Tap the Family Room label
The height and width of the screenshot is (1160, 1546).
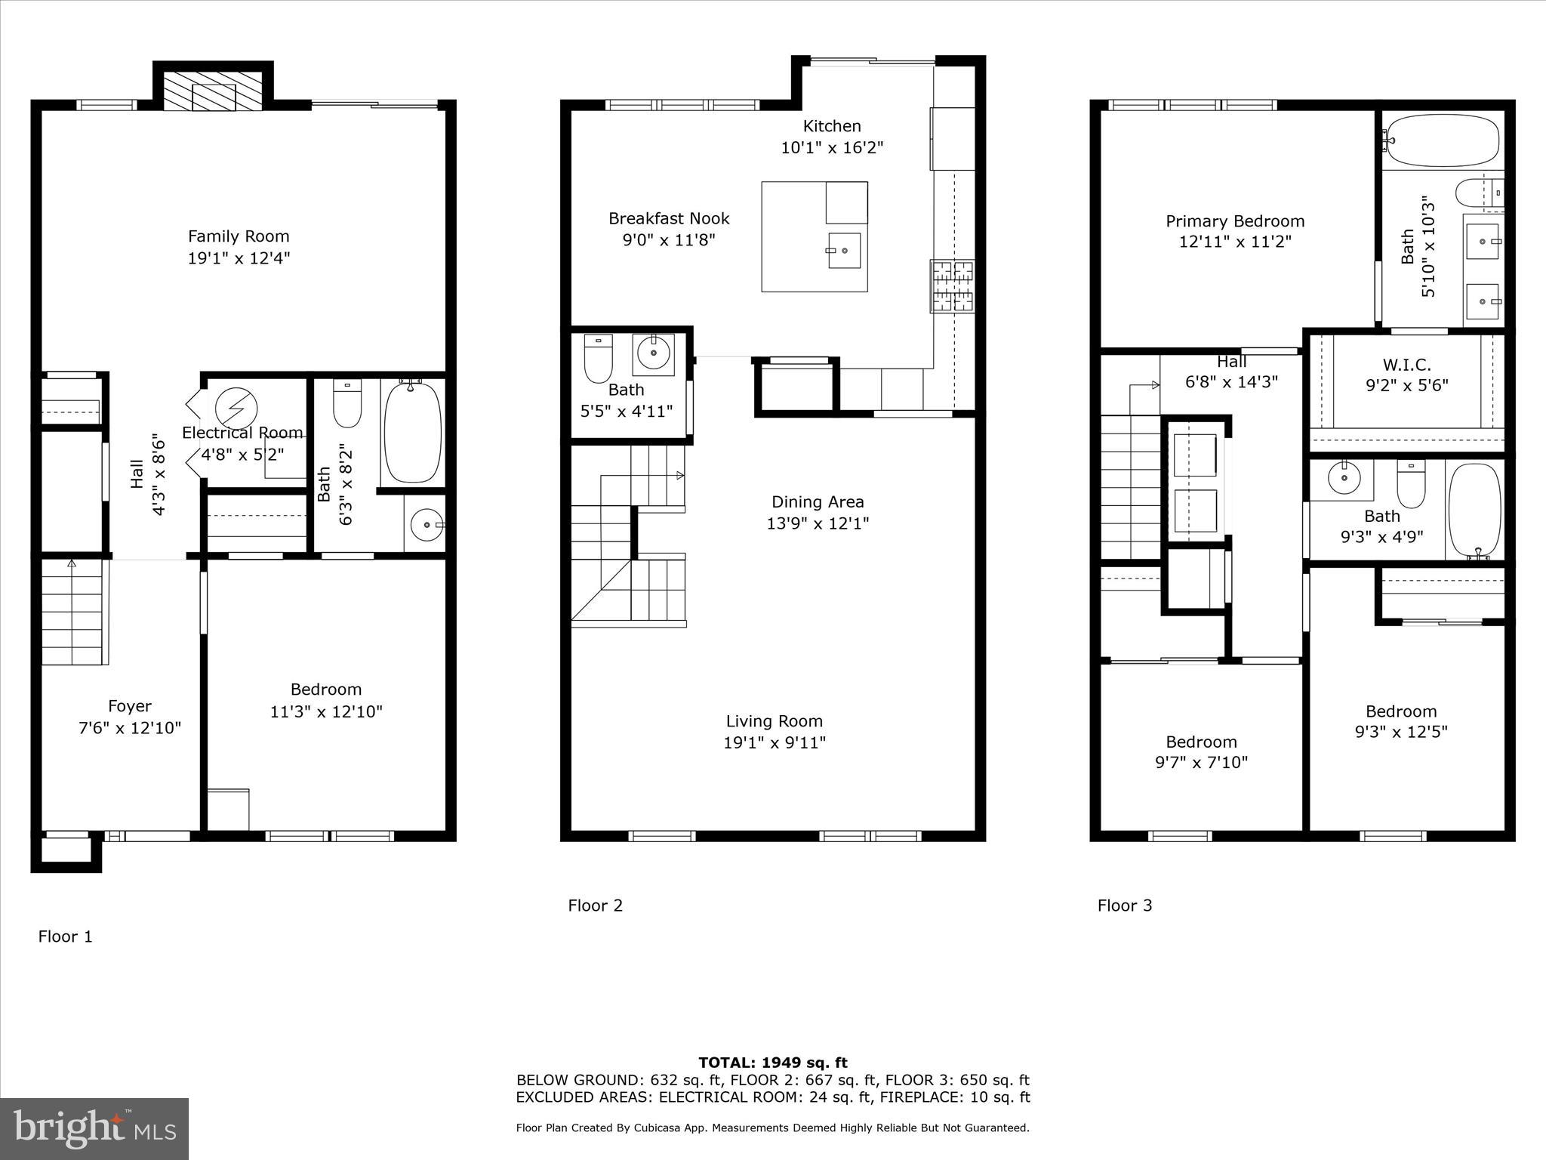pyautogui.click(x=239, y=236)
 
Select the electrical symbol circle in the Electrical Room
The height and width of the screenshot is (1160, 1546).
pyautogui.click(x=236, y=409)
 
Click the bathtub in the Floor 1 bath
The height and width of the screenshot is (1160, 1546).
pyautogui.click(x=411, y=432)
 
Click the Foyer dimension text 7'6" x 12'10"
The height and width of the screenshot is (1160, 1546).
pyautogui.click(x=130, y=728)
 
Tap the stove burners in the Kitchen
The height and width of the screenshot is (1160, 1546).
pyautogui.click(x=952, y=286)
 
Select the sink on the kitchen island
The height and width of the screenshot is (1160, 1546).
pyautogui.click(x=844, y=251)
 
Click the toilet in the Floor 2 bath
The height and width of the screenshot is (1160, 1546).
pyautogui.click(x=598, y=359)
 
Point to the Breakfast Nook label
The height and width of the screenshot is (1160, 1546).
pyautogui.click(x=669, y=219)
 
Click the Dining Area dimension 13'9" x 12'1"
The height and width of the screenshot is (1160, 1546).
pyautogui.click(x=818, y=523)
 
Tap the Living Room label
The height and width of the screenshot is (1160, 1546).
pyautogui.click(x=774, y=721)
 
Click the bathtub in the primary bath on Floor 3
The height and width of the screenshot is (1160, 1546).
pyautogui.click(x=1443, y=140)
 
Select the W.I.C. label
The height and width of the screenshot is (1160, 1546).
pyautogui.click(x=1407, y=366)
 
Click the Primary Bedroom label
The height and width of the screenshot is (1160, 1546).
pyautogui.click(x=1235, y=221)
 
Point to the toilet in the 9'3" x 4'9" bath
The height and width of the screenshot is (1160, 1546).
pyautogui.click(x=1410, y=485)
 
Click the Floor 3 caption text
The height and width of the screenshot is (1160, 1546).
pyautogui.click(x=1124, y=905)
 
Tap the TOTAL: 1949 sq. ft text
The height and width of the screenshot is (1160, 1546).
pyautogui.click(x=772, y=1063)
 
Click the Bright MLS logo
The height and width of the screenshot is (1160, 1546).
pyautogui.click(x=94, y=1129)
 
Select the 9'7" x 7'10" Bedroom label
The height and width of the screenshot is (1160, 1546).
pyautogui.click(x=1201, y=742)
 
